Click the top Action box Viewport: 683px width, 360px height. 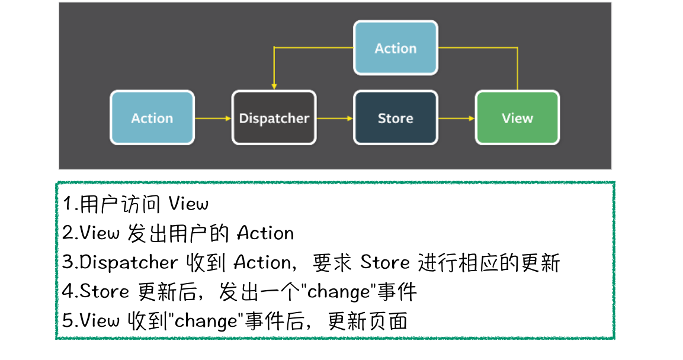(395, 48)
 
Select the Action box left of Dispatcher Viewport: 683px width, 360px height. (152, 118)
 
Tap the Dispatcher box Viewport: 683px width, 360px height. (274, 118)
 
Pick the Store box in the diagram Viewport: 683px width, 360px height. (395, 118)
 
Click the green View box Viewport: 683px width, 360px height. (517, 118)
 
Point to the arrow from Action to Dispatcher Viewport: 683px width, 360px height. (212, 118)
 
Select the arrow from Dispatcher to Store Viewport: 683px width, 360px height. (334, 118)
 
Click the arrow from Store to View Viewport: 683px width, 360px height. (456, 118)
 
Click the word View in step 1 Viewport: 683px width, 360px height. (188, 204)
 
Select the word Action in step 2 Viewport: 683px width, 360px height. (265, 233)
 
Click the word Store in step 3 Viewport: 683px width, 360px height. (385, 262)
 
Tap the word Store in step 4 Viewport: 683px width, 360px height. (104, 291)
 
